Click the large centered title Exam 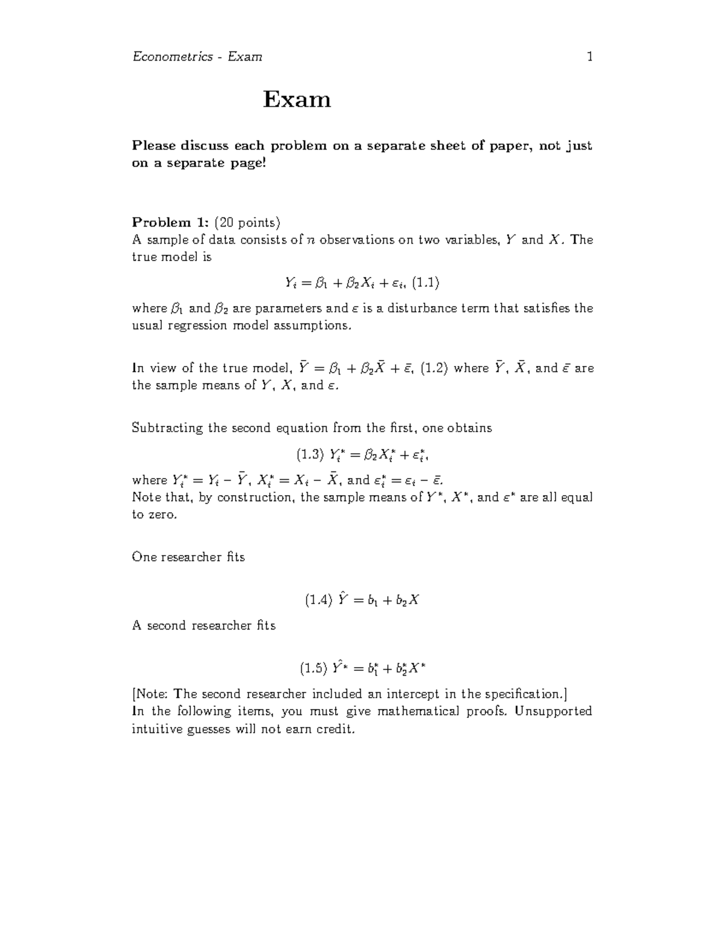297,99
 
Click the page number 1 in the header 589,57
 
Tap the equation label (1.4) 319,600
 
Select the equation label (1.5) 313,669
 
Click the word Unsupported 553,711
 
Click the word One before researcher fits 144,557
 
